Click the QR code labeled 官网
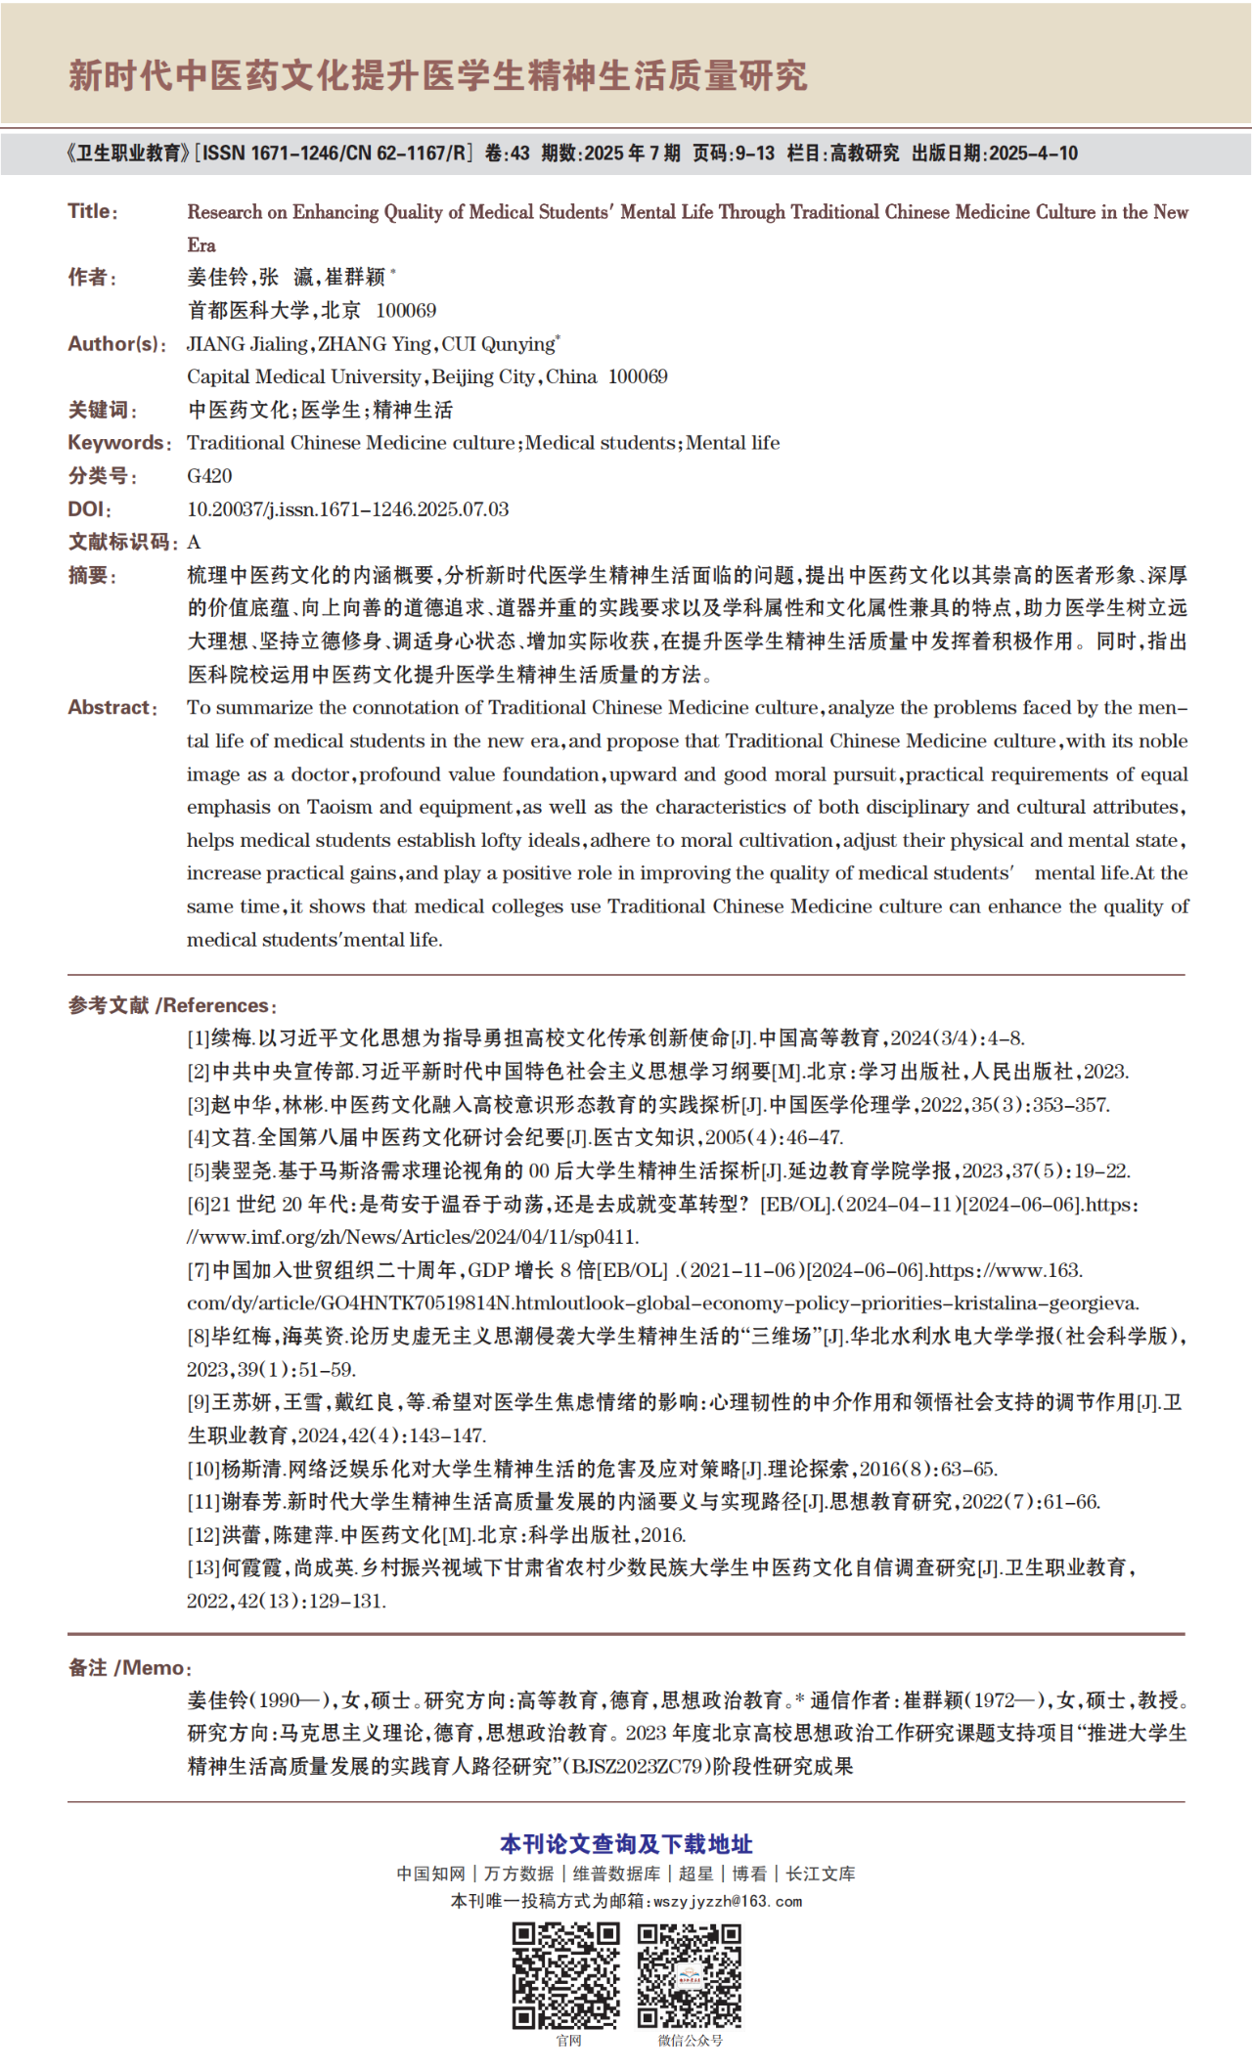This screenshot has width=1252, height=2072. pos(566,1974)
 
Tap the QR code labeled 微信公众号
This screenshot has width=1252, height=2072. pos(690,1974)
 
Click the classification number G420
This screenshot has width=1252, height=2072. pos(209,476)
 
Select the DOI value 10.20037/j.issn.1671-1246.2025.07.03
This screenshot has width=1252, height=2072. pos(347,509)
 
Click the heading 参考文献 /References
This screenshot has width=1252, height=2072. pos(172,1005)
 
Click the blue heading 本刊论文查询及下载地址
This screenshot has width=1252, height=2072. pos(626,1844)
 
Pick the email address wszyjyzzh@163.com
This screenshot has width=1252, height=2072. pos(728,1901)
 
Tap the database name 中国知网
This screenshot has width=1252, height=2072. pos(430,1874)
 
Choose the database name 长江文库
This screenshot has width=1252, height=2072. pos(821,1874)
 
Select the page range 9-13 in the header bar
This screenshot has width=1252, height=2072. pos(755,154)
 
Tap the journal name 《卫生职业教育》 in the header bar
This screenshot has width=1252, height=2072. pos(126,154)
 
